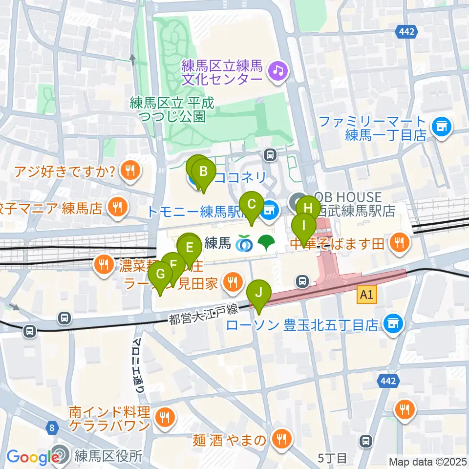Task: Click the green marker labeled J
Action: pos(259,294)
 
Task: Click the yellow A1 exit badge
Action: pos(367,295)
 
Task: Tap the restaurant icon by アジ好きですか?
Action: pos(129,171)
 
